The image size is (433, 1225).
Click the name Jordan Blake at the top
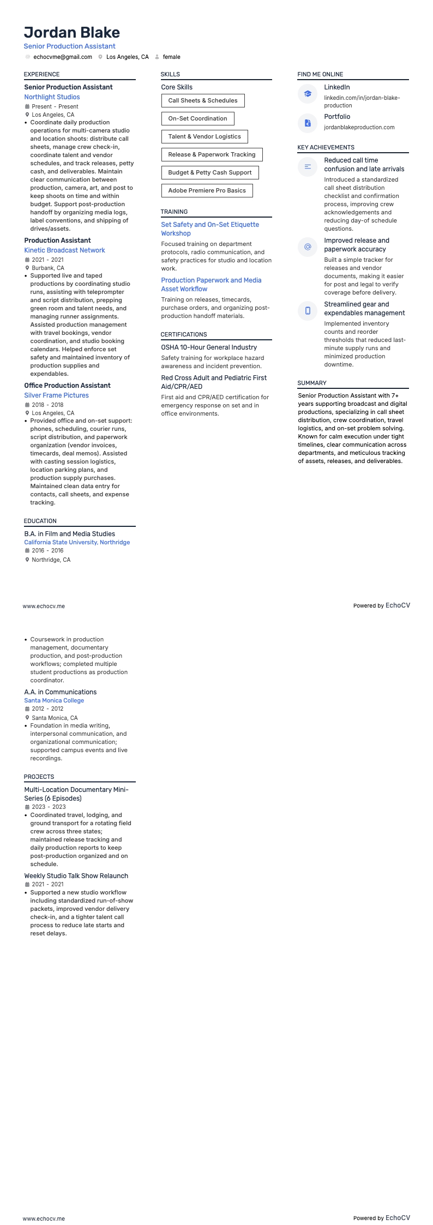[72, 33]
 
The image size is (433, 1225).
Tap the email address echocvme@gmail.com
[63, 57]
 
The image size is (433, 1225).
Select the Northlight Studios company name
[52, 97]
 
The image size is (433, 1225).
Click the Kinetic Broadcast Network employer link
[64, 250]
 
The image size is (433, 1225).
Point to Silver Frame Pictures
[56, 395]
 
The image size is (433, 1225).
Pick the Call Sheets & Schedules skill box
[203, 100]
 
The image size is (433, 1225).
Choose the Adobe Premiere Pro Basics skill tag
[207, 190]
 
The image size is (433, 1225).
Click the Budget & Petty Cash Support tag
[210, 172]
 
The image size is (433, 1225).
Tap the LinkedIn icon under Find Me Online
[308, 94]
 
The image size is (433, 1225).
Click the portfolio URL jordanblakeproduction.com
[359, 127]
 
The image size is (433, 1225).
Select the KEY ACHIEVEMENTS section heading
[326, 147]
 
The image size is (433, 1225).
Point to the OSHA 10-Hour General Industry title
[209, 347]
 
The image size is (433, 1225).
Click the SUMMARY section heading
[312, 383]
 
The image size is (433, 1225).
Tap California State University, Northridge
[77, 542]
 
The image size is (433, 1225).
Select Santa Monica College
[54, 700]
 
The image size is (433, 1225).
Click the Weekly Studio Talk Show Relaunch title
[76, 876]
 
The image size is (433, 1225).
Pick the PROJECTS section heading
[39, 777]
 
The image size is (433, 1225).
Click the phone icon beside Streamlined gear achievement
[308, 311]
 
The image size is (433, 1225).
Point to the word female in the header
[171, 57]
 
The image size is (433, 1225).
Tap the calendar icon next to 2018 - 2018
[27, 405]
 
